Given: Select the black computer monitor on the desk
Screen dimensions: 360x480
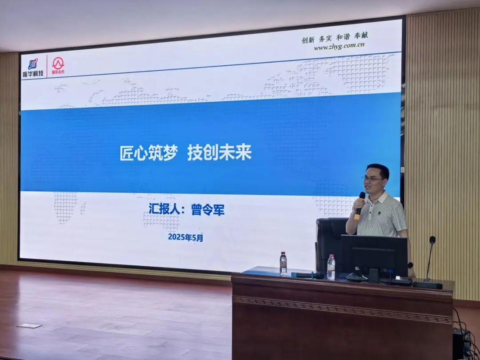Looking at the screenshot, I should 374,256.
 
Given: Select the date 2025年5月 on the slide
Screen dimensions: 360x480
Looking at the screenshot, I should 185,237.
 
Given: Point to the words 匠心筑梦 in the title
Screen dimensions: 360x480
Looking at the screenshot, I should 149,153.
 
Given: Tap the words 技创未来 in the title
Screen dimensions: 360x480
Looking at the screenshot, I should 220,153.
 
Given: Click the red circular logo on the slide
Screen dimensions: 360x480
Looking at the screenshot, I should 58,64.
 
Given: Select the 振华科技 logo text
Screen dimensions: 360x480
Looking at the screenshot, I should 33,73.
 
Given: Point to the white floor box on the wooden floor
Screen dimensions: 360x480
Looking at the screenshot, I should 29,326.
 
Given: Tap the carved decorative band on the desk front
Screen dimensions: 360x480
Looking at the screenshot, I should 342,308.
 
